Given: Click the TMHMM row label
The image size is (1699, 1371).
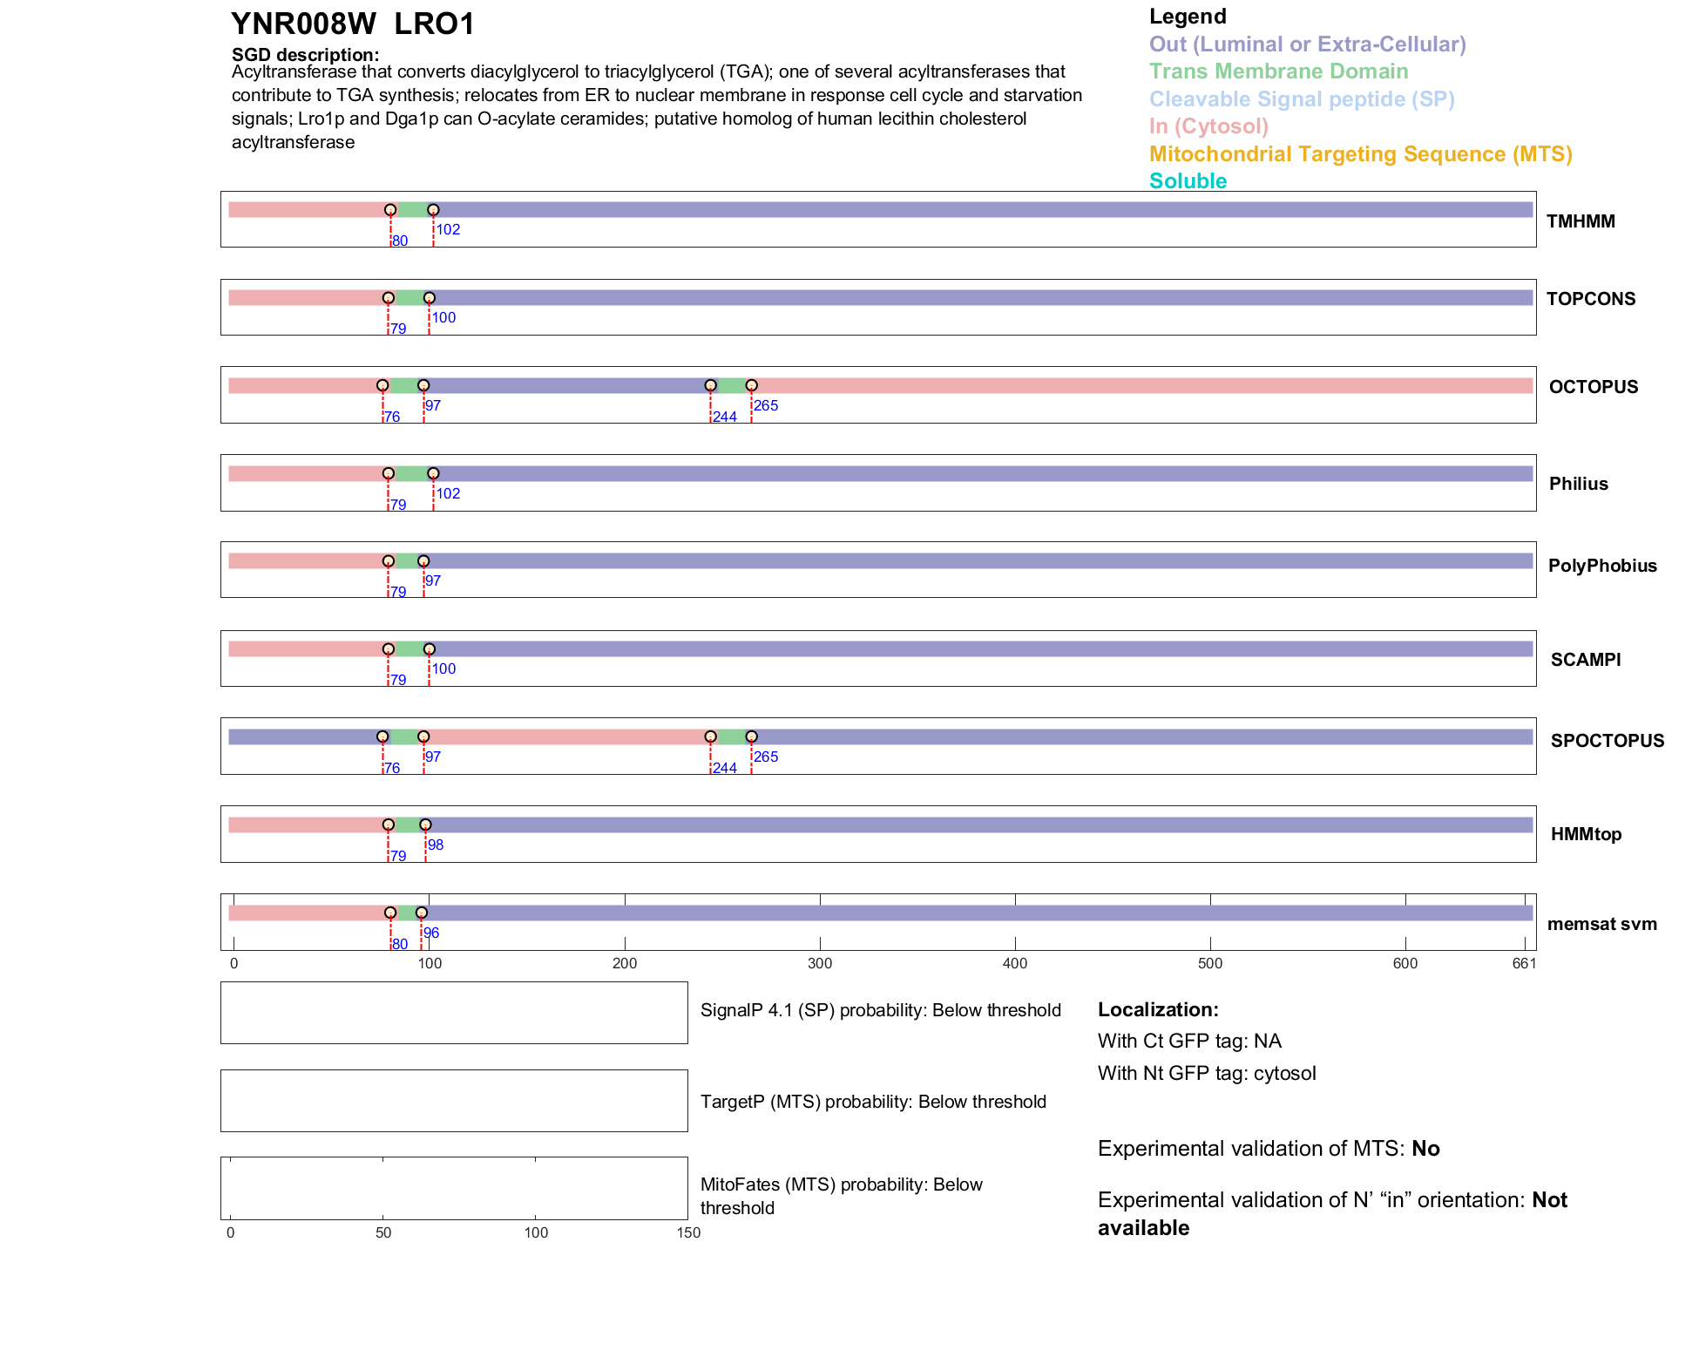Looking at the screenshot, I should tap(1580, 221).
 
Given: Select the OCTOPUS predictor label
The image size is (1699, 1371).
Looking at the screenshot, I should tap(1593, 387).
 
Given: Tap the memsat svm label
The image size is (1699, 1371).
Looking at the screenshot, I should tap(1601, 924).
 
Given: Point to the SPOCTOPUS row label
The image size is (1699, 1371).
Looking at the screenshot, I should tap(1607, 741).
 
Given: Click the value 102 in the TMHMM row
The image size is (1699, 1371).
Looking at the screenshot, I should tap(448, 230).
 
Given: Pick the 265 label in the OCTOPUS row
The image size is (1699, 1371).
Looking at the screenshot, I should tap(766, 406).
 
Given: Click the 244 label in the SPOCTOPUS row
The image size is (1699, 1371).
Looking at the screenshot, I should tap(724, 768).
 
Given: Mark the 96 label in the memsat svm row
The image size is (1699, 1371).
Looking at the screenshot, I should tap(431, 933).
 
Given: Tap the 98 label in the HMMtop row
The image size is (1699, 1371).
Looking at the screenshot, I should tap(436, 845).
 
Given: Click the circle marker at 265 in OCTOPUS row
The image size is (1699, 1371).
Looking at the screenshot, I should tap(751, 385).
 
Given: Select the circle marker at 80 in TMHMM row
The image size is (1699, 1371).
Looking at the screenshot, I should tap(390, 210).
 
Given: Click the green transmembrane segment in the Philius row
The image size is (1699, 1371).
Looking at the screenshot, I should tap(410, 474).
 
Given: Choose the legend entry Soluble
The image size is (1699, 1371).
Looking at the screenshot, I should tap(1188, 181).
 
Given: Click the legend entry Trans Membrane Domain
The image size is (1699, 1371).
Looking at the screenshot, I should tap(1278, 71).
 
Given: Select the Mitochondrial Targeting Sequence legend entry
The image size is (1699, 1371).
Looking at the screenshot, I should tap(1360, 154).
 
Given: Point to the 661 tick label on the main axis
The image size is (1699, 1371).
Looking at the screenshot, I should tap(1524, 964).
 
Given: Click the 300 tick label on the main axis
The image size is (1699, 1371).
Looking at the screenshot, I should tap(820, 964).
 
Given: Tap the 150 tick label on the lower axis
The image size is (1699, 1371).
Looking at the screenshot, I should tap(688, 1233).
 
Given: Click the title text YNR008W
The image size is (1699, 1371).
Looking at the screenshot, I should tap(303, 24).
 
